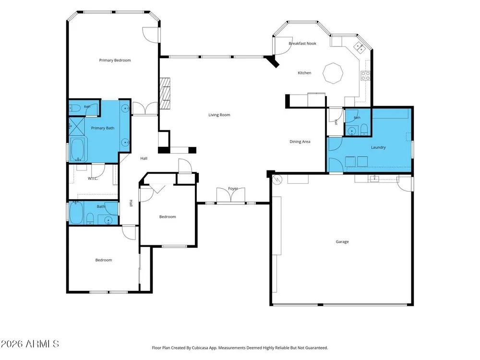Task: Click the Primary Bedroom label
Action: pos(115,60)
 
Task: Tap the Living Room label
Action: pos(219,115)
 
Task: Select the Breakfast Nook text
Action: pos(302,44)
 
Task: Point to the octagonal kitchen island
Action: pos(333,73)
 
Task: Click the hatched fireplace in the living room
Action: pos(165,94)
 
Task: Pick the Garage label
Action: pos(342,241)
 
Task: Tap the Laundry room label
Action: pos(378,147)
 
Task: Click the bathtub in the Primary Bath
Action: pos(78,149)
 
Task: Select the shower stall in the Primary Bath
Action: pos(76,126)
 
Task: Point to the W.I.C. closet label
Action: pos(93,179)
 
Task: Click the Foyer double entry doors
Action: pos(231,195)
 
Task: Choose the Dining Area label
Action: pos(300,142)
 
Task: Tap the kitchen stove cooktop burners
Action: pos(365,76)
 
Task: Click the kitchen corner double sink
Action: pos(359,48)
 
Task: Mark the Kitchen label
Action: pos(305,73)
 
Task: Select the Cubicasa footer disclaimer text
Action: pos(240,348)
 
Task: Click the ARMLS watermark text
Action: pos(30,344)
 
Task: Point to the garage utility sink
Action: pos(374,178)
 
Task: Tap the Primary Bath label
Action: pos(103,128)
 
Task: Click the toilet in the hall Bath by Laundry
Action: pos(364,130)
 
